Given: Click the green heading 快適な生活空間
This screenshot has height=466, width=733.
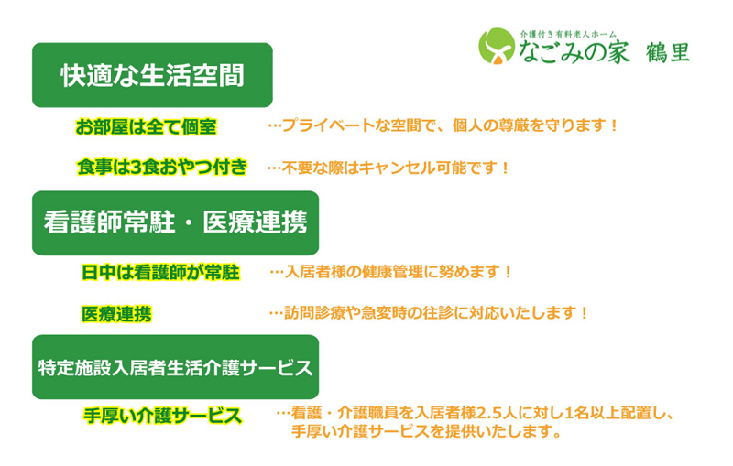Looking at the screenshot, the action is click(x=152, y=75).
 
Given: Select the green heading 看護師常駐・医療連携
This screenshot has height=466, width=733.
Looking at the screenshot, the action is click(x=175, y=222).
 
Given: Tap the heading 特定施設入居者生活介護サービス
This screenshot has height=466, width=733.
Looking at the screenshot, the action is click(x=175, y=367).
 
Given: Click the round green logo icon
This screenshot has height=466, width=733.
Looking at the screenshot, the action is click(x=497, y=46).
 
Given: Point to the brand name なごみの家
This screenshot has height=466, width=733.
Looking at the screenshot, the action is click(x=574, y=52).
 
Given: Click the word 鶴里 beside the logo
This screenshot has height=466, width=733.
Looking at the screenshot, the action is click(x=668, y=52).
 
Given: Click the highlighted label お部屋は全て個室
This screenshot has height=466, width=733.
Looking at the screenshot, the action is click(x=147, y=126).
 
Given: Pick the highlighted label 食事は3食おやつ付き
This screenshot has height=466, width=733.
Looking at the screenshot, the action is click(x=162, y=168).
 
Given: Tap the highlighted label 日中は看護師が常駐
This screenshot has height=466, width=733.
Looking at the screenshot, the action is click(x=160, y=272).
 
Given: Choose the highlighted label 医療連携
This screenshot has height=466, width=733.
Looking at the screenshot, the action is click(x=116, y=314).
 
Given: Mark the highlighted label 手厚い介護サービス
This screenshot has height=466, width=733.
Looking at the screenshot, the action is click(x=162, y=416).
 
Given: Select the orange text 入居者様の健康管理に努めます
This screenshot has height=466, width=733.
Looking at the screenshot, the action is click(x=392, y=272).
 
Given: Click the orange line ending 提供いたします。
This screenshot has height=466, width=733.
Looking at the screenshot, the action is click(x=426, y=431).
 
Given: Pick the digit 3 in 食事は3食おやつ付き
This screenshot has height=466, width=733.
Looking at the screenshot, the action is click(x=136, y=168).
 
